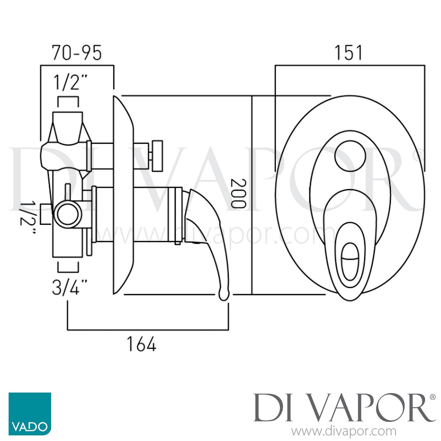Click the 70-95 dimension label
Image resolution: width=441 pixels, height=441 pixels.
pos(77,53)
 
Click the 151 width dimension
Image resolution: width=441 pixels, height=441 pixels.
pos(348,53)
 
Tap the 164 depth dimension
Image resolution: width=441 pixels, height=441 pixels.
pos(141,344)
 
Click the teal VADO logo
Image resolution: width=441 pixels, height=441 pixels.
pos(30,414)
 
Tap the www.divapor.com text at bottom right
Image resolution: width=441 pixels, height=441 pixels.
pos(344,432)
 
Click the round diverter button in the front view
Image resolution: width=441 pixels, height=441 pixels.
pos(350,157)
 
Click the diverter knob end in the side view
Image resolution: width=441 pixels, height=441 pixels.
pos(158,156)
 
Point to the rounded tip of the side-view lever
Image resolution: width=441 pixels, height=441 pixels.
pos(224,295)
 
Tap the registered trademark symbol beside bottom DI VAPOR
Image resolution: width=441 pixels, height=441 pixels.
pos(432,397)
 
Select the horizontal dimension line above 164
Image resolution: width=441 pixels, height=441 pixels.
pos(148,330)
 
